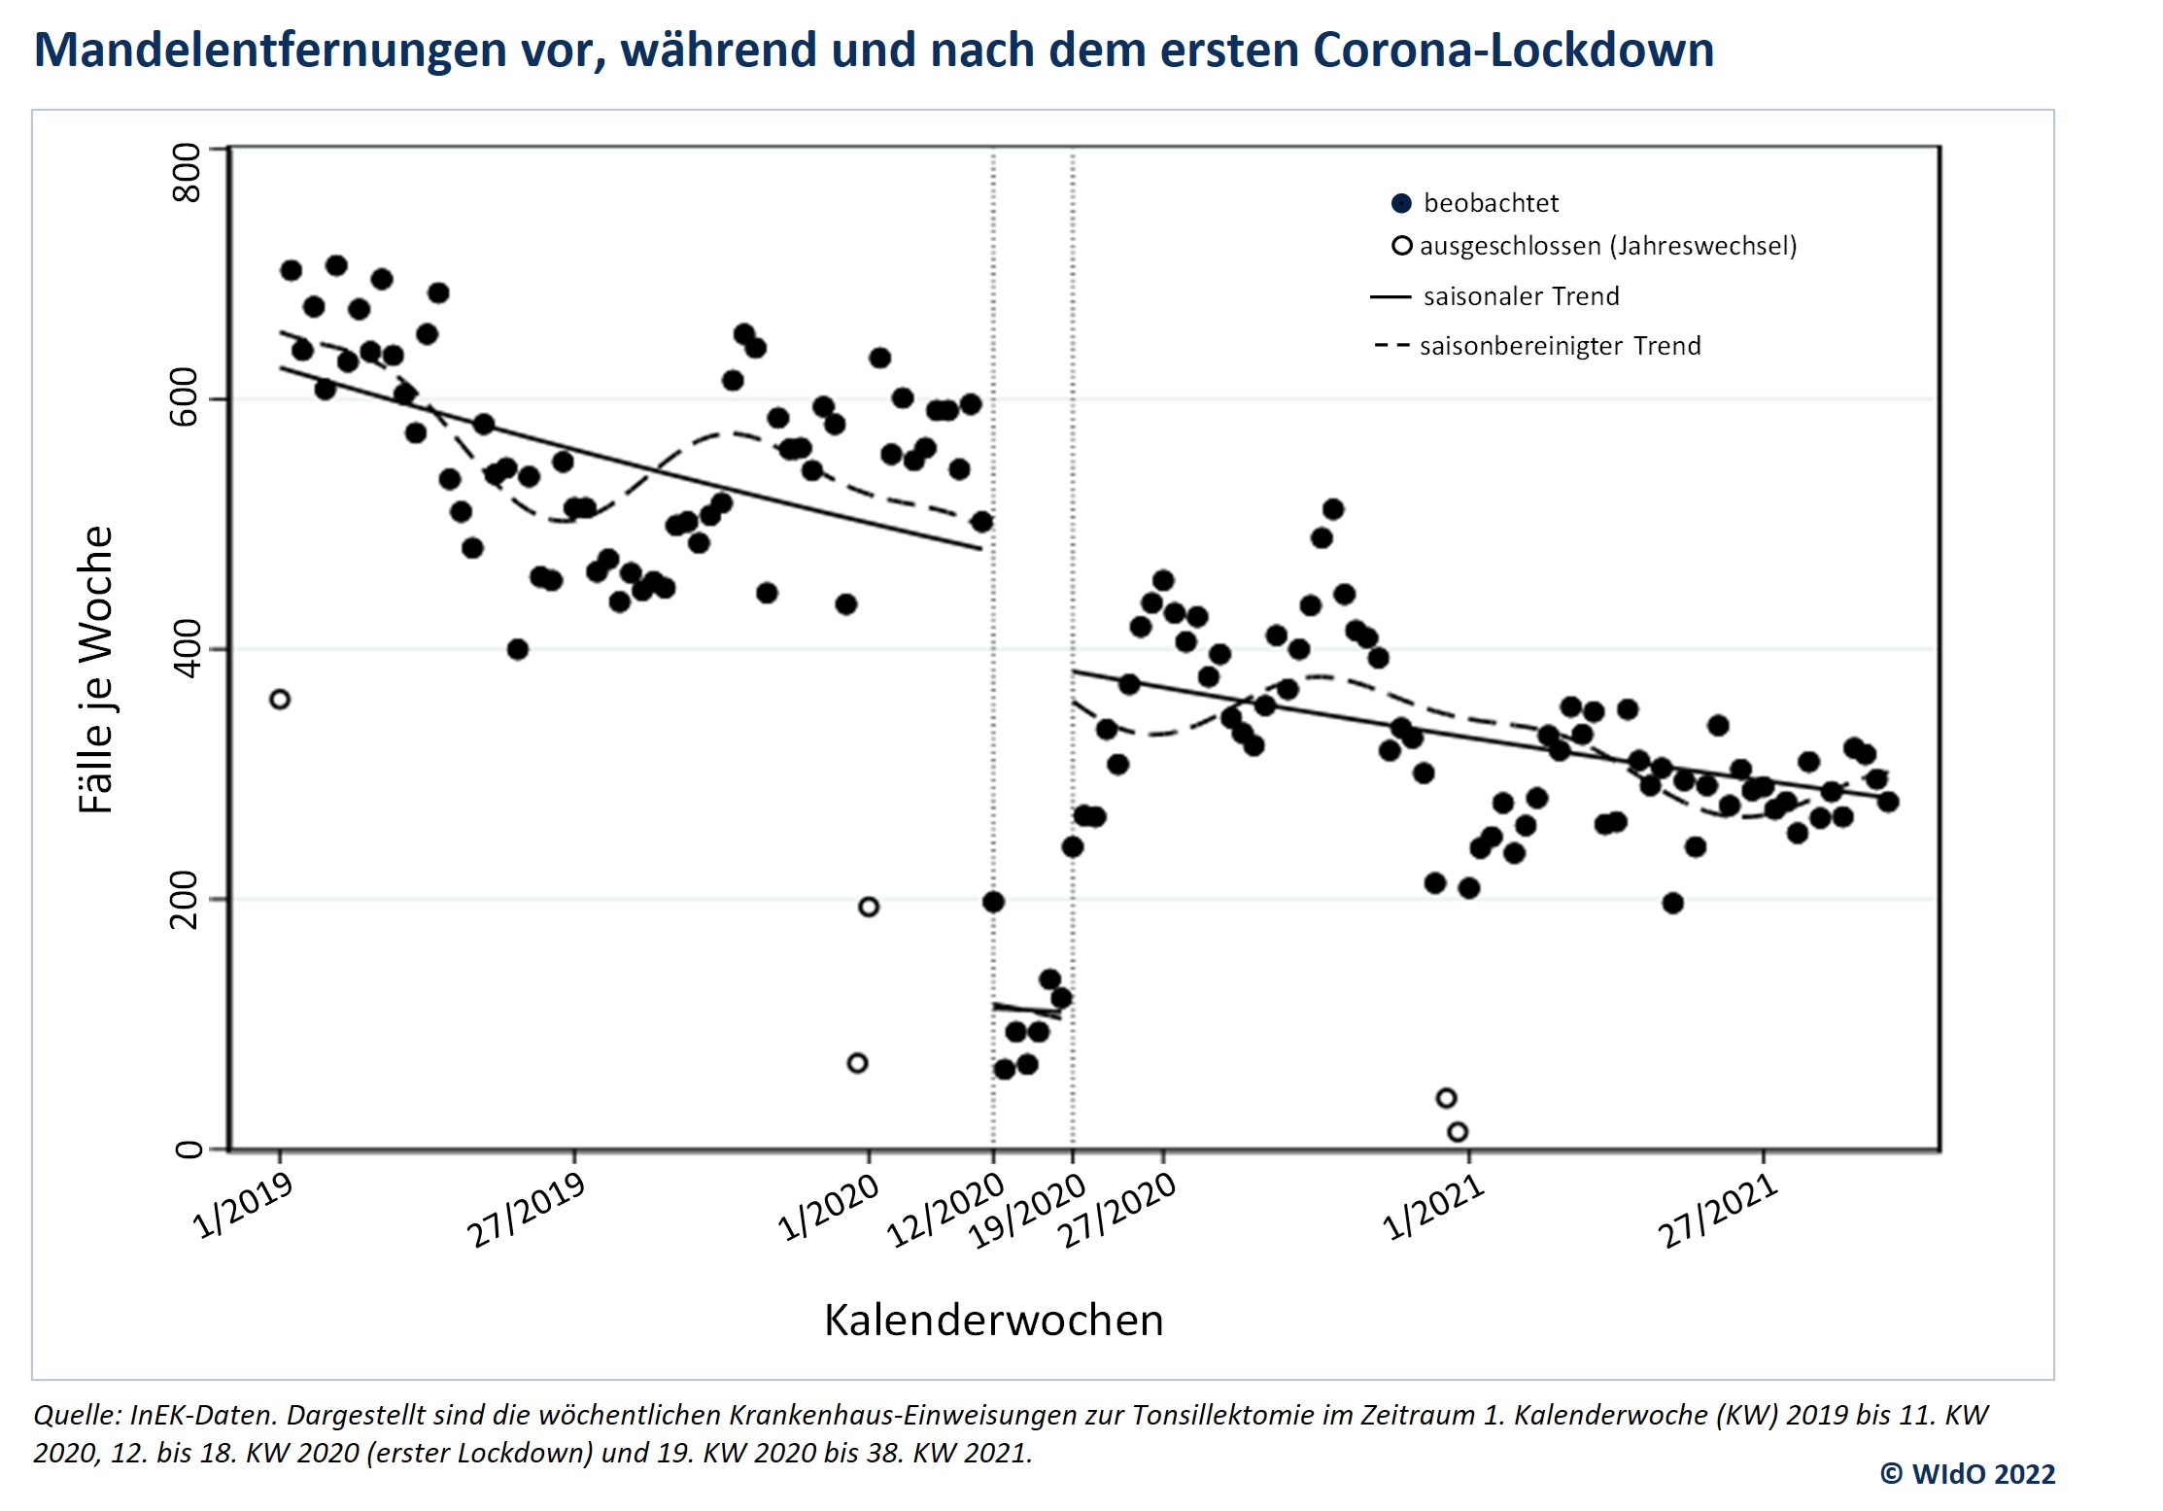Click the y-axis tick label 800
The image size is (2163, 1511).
(185, 173)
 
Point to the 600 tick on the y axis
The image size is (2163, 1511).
(185, 398)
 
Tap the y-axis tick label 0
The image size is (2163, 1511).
(187, 1150)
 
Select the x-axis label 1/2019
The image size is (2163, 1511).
(244, 1206)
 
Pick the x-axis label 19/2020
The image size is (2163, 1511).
(1027, 1211)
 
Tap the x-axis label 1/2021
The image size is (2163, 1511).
(1433, 1208)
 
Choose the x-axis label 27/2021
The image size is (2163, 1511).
(1718, 1212)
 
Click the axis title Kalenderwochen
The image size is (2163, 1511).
(993, 1321)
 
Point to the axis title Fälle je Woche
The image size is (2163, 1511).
(96, 670)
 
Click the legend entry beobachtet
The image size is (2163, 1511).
(1491, 203)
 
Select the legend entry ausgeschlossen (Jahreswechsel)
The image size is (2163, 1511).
(1608, 246)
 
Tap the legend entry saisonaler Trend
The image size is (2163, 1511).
(1521, 296)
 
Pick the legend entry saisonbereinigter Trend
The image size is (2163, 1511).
(1560, 346)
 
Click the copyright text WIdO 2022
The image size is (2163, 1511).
(1982, 1474)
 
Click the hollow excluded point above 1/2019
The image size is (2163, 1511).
(280, 700)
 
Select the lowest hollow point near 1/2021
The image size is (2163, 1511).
(1458, 1132)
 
